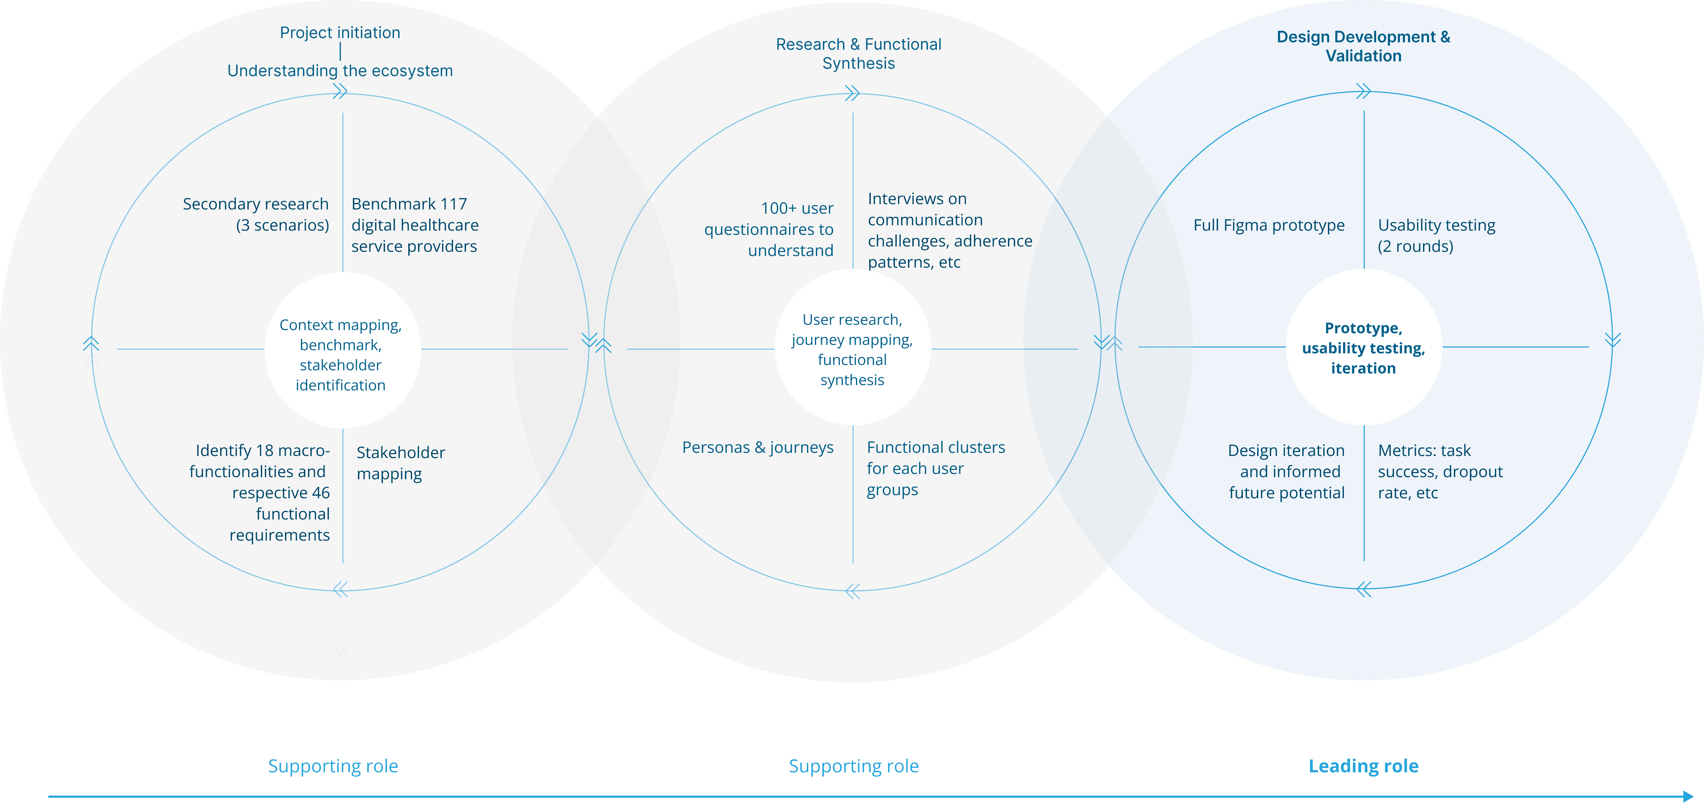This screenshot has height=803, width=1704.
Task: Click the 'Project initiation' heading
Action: tap(340, 33)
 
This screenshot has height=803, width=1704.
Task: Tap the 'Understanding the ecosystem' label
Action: tap(340, 71)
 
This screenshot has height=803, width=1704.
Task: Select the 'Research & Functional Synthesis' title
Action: tap(859, 54)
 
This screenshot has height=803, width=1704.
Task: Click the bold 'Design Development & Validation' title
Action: tap(1363, 46)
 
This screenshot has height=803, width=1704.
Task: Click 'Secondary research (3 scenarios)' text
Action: tap(256, 214)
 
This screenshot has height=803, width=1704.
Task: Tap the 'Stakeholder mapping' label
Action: tap(401, 463)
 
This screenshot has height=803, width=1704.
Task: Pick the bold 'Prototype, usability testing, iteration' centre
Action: tap(1363, 348)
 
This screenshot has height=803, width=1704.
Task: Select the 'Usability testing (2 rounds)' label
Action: tap(1437, 235)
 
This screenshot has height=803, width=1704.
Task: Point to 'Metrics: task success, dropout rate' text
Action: tap(1440, 472)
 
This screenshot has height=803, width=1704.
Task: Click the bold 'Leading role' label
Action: tap(1363, 766)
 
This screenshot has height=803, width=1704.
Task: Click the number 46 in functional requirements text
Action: tap(321, 493)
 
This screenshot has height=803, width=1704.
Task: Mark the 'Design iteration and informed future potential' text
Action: tap(1286, 472)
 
